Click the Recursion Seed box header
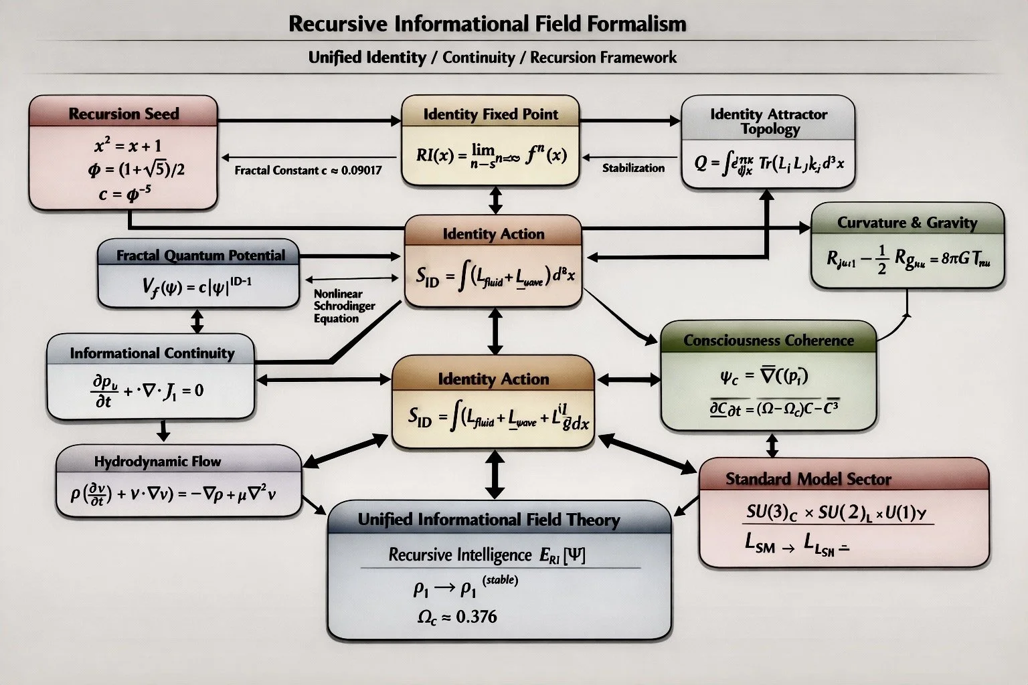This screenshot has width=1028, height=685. [124, 114]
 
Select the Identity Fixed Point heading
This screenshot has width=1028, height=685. [491, 114]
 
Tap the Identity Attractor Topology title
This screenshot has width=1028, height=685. [769, 121]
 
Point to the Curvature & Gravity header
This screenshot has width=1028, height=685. [907, 223]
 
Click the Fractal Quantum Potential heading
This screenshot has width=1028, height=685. [200, 255]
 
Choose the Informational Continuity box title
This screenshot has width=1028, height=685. [152, 353]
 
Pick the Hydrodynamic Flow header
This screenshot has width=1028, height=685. [157, 462]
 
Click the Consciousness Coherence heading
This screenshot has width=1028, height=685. [768, 340]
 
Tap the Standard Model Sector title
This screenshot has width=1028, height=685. [808, 479]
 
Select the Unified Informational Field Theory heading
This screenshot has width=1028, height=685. [489, 520]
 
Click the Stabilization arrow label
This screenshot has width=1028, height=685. [633, 168]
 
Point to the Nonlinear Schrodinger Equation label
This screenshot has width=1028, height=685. [344, 306]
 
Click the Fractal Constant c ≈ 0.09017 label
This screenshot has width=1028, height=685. [308, 171]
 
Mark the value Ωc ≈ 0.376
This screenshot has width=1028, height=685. [457, 617]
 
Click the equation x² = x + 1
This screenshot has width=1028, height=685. [127, 145]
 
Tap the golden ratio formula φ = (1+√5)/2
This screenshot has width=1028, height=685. [136, 169]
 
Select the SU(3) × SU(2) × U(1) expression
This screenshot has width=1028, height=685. [836, 512]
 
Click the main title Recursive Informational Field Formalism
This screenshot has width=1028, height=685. [487, 24]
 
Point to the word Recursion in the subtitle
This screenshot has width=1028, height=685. [563, 58]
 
